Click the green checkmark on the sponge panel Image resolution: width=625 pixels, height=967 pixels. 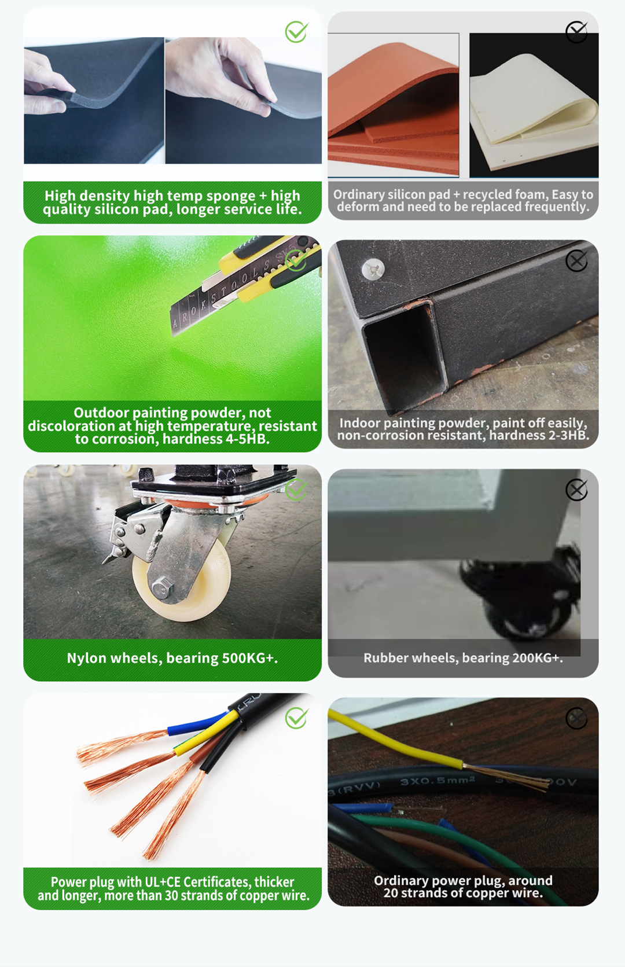(x=296, y=32)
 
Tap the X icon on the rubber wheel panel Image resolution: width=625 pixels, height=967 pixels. (x=576, y=490)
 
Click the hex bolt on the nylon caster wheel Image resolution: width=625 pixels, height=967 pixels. (x=163, y=588)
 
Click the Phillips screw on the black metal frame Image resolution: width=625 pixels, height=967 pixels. (x=373, y=269)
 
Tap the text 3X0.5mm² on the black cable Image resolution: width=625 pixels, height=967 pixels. (x=437, y=781)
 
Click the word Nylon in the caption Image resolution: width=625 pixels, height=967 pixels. (x=86, y=658)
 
